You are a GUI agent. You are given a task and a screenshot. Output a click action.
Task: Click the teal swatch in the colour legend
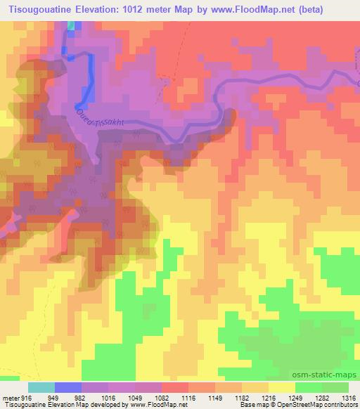click(x=41, y=387)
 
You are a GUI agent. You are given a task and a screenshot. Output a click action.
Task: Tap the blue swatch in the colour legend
click(x=68, y=387)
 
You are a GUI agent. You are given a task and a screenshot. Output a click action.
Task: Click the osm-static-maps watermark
click(x=329, y=375)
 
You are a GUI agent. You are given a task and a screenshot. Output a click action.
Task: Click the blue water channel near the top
click(x=90, y=77)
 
